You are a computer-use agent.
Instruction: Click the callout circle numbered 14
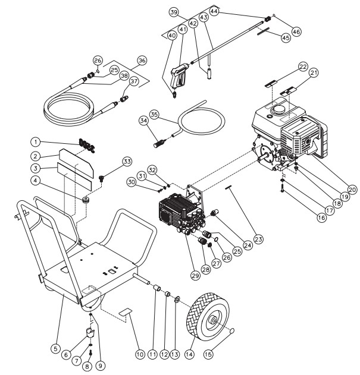pos(189,354)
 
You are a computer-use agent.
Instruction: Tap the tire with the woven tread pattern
pos(207,316)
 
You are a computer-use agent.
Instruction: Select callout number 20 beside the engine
pos(352,190)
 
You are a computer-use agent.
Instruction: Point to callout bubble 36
pos(142,61)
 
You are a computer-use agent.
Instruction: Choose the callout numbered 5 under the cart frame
pos(55,348)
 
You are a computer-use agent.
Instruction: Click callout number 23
pos(259,239)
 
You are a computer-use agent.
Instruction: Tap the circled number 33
pos(127,162)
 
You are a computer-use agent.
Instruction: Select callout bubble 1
pos(36,142)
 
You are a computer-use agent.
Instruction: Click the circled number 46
pos(296,31)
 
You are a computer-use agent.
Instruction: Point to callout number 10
pos(140,354)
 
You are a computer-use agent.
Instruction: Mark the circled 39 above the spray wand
pos(174,12)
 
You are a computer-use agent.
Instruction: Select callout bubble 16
pos(322,218)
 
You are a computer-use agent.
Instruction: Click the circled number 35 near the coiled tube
pos(154,115)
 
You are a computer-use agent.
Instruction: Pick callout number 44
pos(214,11)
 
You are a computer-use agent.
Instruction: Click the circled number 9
pos(101,365)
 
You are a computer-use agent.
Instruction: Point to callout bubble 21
pos(314,73)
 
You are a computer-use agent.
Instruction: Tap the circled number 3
pos(36,168)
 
